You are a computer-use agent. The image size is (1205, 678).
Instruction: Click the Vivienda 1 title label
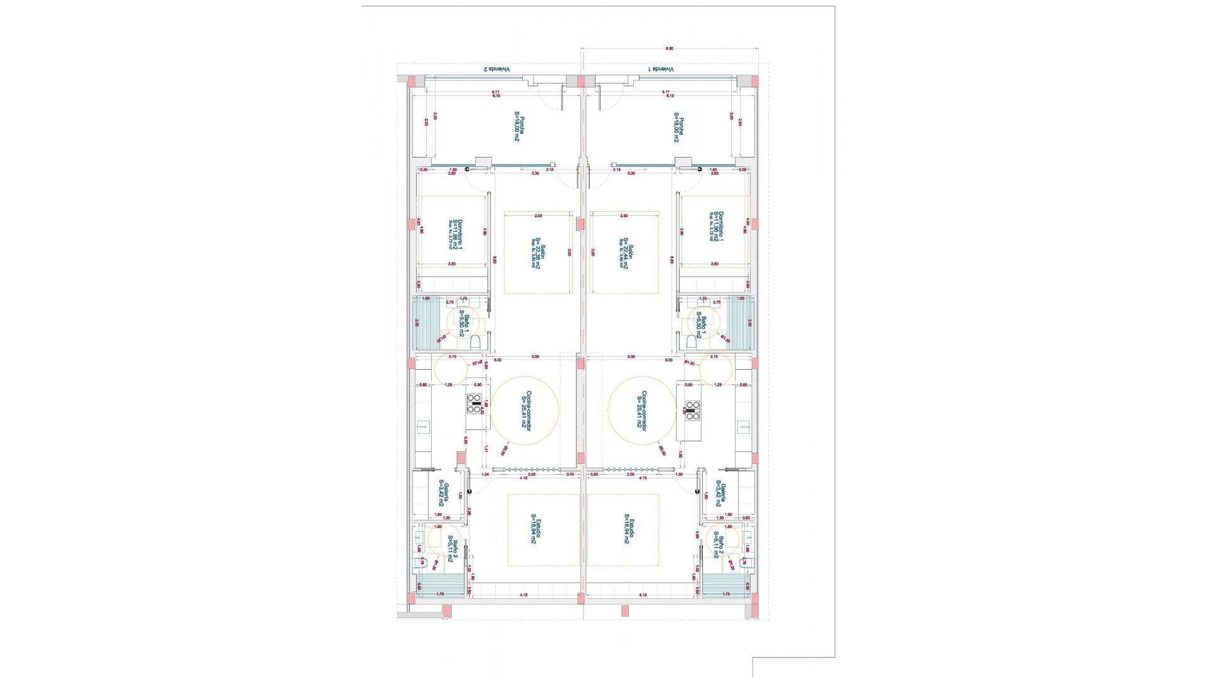(x=661, y=69)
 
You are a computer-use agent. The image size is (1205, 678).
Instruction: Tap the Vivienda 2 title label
(x=496, y=69)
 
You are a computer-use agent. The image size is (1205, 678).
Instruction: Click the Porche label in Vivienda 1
(x=678, y=127)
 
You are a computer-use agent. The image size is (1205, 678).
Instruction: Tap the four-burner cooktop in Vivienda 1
(x=692, y=409)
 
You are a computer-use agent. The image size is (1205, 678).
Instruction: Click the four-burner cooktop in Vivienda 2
(x=474, y=404)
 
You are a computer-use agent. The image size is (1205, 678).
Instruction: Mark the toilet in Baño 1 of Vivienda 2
(x=475, y=342)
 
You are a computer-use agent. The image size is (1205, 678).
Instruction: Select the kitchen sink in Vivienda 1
(x=745, y=428)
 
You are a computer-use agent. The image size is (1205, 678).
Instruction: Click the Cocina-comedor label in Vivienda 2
(x=526, y=410)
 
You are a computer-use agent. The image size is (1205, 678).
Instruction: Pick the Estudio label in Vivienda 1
(x=628, y=530)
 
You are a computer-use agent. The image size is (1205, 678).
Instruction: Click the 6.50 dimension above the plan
(x=669, y=48)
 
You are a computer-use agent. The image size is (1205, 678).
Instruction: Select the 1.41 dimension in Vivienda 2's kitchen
(x=486, y=449)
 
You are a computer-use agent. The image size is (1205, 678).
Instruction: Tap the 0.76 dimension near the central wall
(x=570, y=475)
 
